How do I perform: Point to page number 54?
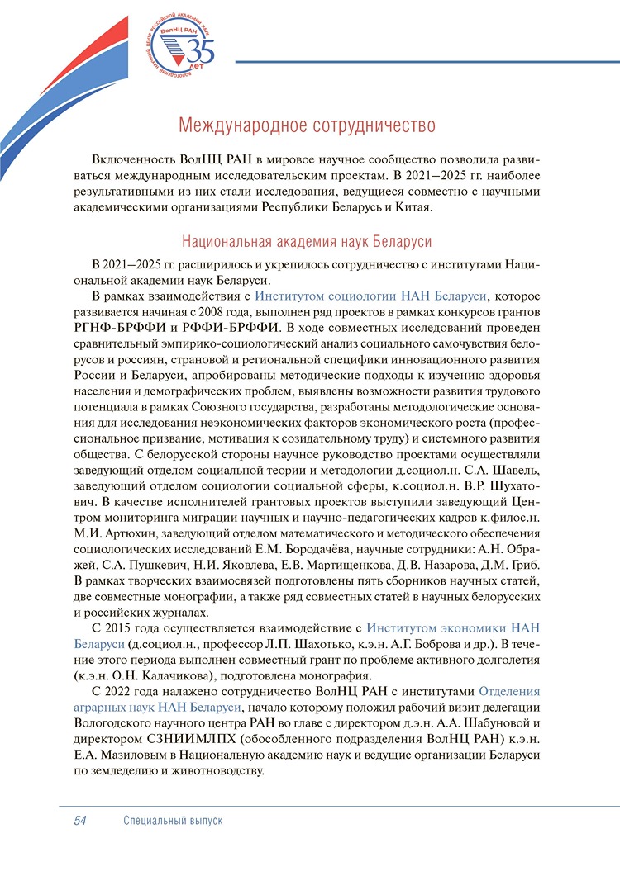(x=81, y=820)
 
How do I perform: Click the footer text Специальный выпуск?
(x=174, y=820)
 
